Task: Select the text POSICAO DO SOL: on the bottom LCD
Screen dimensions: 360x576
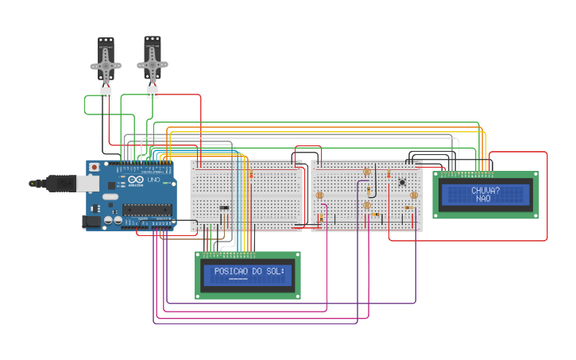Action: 248,271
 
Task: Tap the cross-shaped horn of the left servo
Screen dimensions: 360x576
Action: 106,66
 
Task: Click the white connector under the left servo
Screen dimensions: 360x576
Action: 106,94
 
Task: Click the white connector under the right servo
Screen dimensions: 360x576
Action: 152,92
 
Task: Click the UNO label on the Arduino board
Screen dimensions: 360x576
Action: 150,180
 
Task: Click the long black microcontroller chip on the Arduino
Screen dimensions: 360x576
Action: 146,210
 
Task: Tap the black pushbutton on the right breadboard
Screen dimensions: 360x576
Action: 403,183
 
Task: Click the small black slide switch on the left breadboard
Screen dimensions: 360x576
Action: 224,208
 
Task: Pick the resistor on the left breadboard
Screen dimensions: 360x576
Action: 252,174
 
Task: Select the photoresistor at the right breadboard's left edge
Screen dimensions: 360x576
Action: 319,195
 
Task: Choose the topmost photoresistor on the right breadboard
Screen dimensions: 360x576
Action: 367,172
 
